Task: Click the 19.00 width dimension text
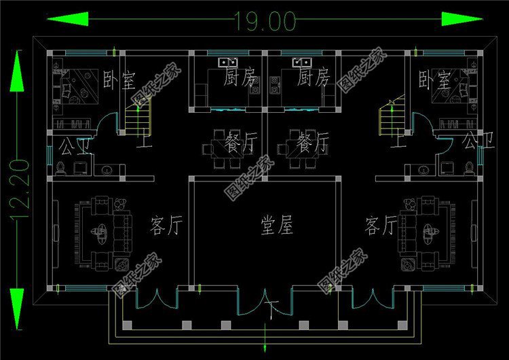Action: coord(265,21)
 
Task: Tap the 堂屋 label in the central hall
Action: coord(278,226)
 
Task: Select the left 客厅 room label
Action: coord(165,225)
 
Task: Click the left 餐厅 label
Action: coord(241,143)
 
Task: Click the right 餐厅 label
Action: coord(313,143)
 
